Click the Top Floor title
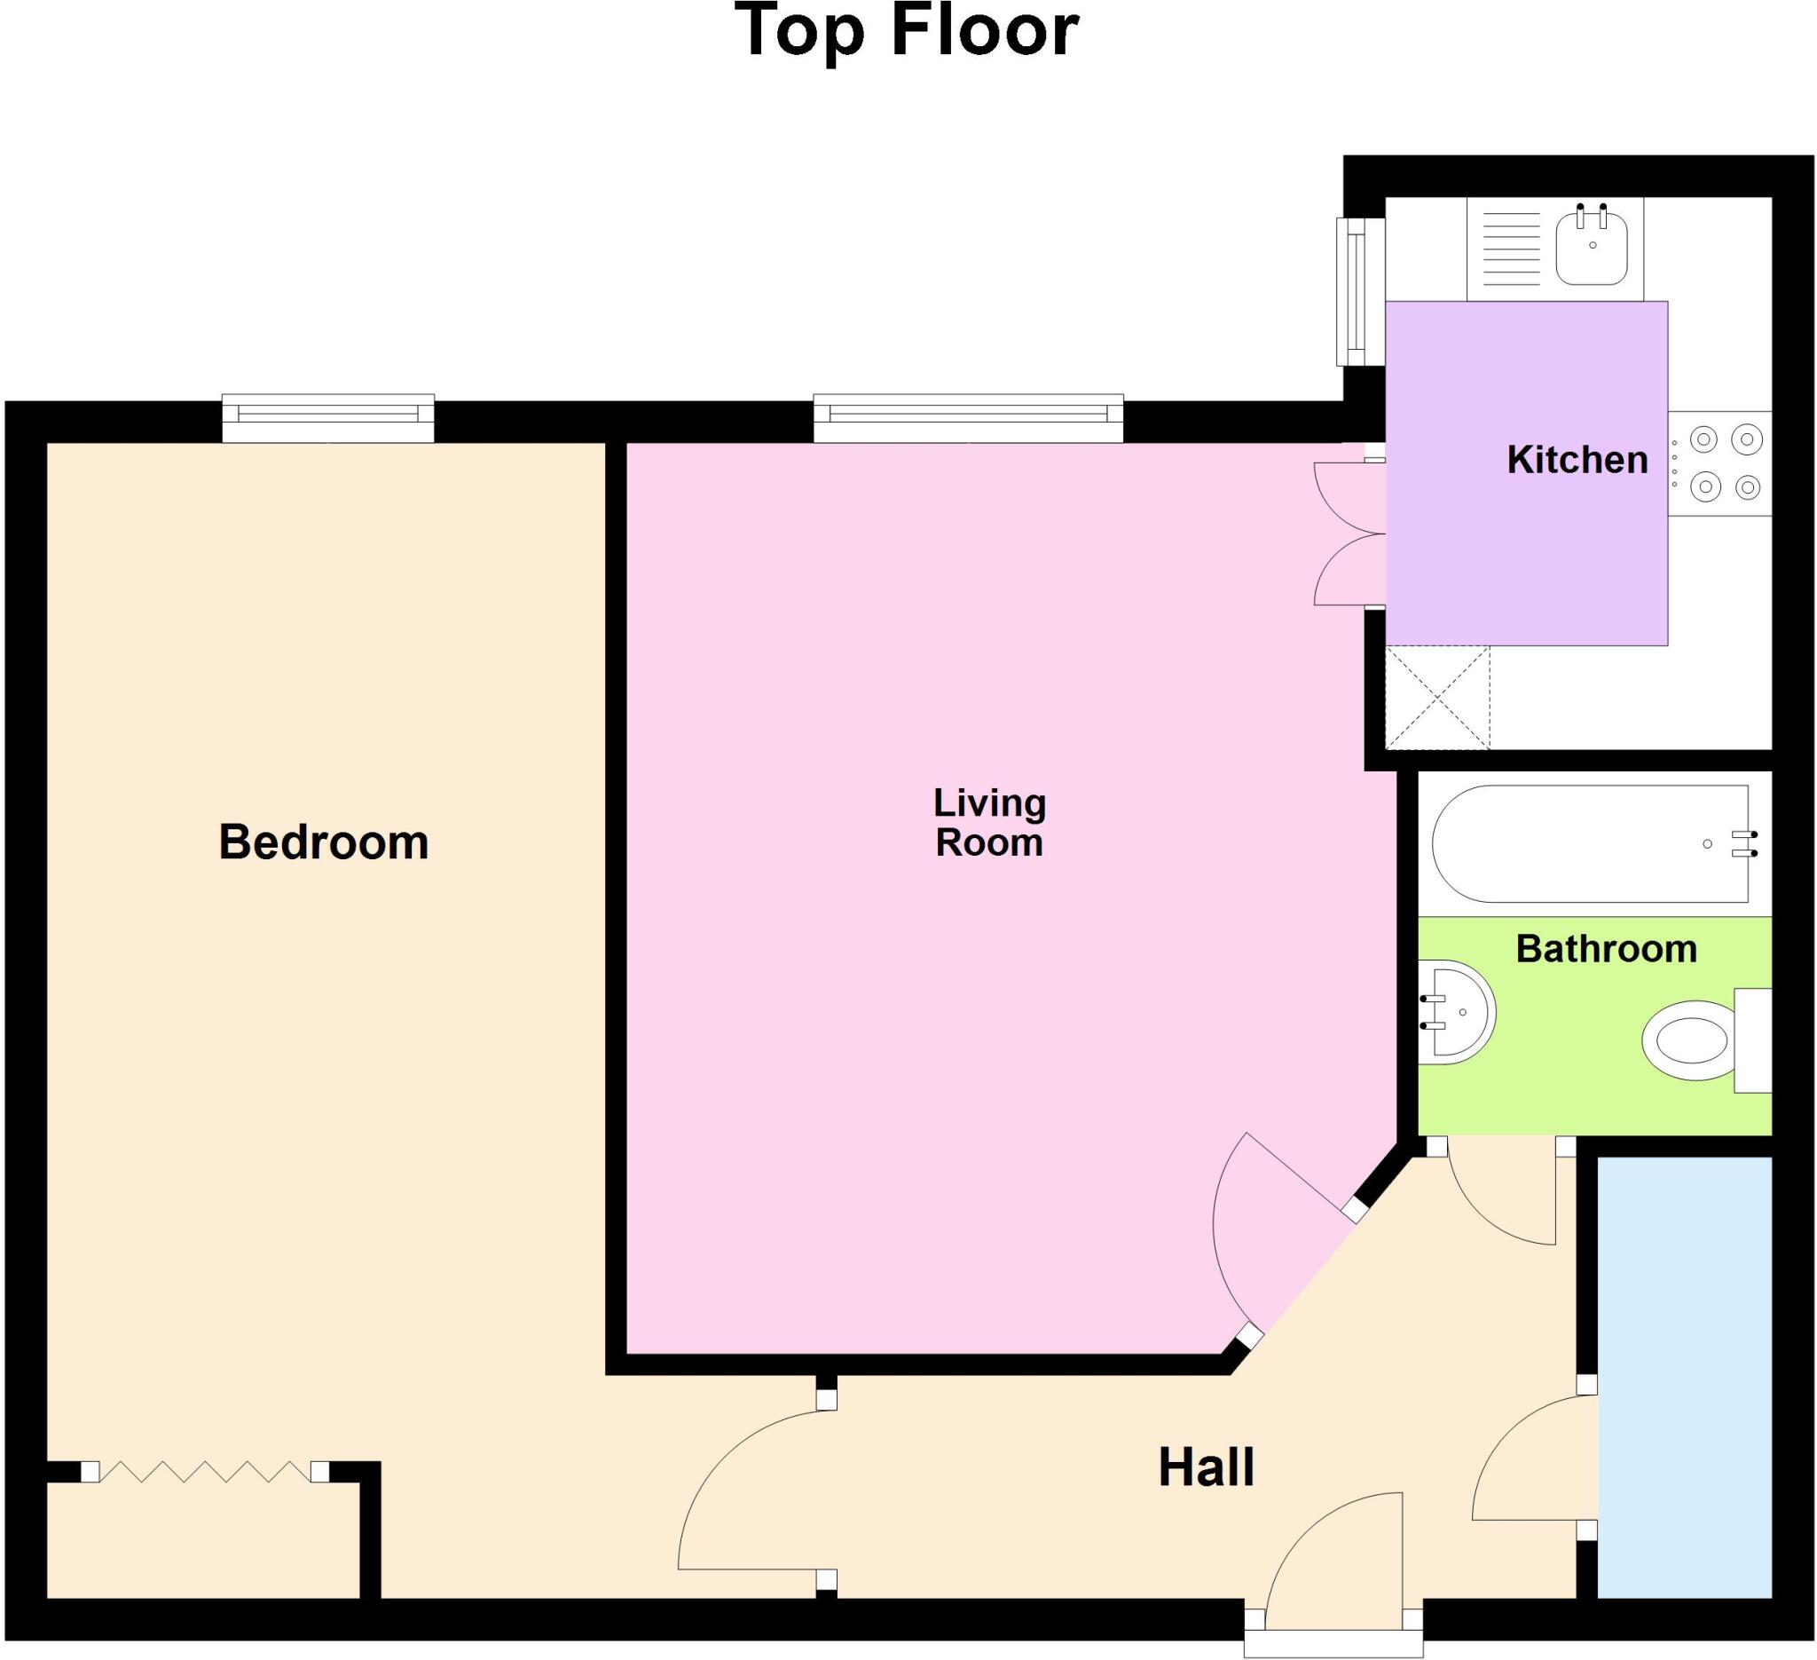coord(908,32)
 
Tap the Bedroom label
coord(324,842)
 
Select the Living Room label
coord(989,822)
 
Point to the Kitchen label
coord(1577,461)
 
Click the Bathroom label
coord(1606,950)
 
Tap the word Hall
coord(1206,1468)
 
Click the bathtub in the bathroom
coord(1591,844)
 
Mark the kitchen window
coord(1359,292)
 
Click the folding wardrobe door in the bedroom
coord(204,1472)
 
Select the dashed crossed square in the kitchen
coord(1436,697)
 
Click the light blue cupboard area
coord(1684,1376)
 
